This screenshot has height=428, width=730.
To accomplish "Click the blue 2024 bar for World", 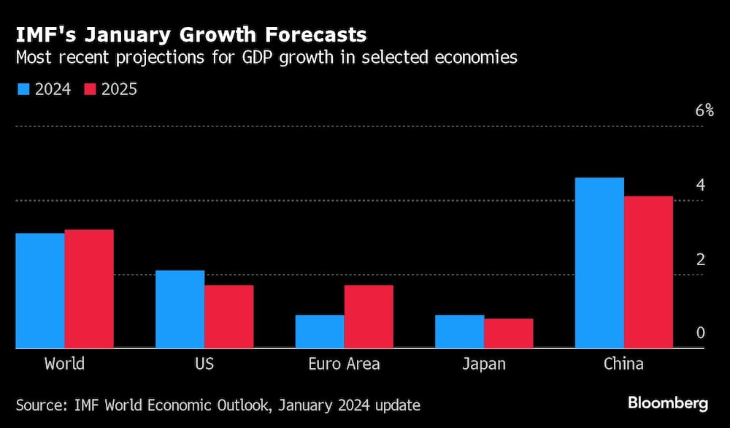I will point(40,291).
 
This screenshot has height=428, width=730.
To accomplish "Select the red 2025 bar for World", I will point(89,289).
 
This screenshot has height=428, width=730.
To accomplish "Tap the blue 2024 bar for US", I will point(180,310).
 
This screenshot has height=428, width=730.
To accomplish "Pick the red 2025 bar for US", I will point(228,317).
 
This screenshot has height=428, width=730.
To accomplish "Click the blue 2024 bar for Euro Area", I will point(320,332).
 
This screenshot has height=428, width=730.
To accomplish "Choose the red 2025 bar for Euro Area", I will point(369,317).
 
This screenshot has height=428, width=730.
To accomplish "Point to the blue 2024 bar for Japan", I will point(459,332).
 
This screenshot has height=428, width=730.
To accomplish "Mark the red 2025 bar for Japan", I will point(509,334).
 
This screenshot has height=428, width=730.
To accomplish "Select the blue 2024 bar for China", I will point(599,263).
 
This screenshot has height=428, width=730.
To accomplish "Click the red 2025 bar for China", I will point(648,272).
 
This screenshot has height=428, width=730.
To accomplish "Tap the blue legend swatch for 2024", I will point(23,89).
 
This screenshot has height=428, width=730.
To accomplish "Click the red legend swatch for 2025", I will point(90,89).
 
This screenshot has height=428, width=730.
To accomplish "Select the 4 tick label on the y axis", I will point(700,185).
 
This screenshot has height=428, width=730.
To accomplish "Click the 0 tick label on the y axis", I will point(700,333).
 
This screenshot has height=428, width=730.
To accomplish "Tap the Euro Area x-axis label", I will point(344,364).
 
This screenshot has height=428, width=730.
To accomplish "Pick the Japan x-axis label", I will point(483,364).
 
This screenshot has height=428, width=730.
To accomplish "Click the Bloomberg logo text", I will point(668,403).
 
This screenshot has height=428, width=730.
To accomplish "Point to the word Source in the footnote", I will point(41,405).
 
